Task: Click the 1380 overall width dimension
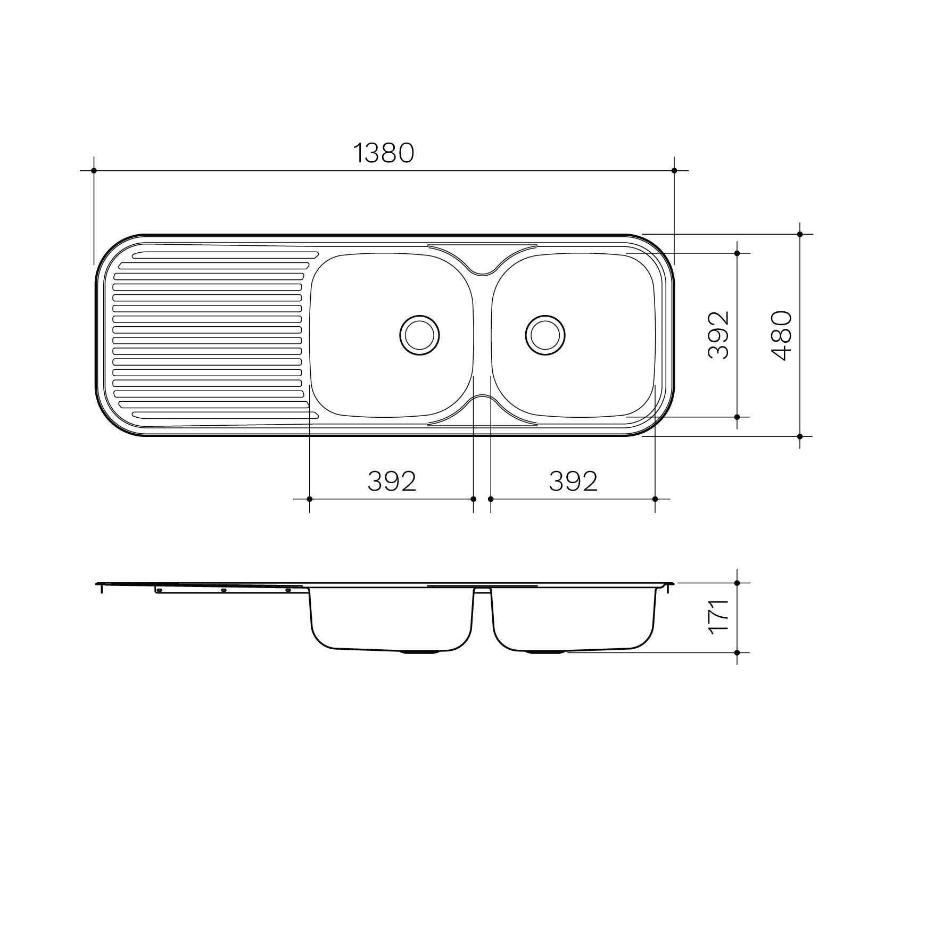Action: [384, 153]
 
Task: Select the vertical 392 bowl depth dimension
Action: [718, 335]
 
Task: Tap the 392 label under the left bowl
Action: [392, 482]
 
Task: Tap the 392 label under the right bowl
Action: [573, 482]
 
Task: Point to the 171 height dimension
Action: [718, 616]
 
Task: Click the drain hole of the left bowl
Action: [420, 335]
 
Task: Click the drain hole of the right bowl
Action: [545, 335]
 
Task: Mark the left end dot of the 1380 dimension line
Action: [94, 170]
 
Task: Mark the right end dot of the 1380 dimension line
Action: [674, 170]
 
